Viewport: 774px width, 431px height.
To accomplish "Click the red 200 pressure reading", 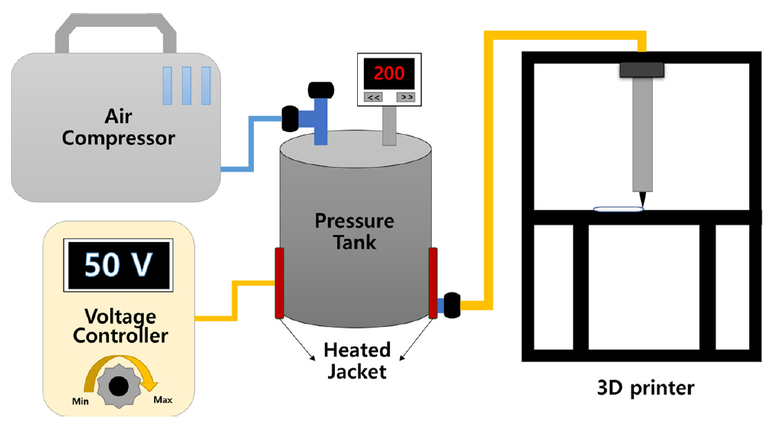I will tap(389, 73).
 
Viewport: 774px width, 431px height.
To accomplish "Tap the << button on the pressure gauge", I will tap(374, 97).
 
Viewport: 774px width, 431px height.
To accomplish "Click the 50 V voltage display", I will tap(116, 264).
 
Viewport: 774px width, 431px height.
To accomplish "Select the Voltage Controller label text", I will tap(120, 327).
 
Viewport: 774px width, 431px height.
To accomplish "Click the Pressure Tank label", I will tap(354, 231).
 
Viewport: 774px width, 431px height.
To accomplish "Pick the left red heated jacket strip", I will tap(279, 283).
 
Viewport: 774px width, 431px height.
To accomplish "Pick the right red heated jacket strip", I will tap(433, 283).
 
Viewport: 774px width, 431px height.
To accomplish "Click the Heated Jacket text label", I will tap(358, 360).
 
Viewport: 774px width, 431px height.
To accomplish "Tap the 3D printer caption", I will tap(645, 388).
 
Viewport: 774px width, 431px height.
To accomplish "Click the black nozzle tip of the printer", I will tap(643, 200).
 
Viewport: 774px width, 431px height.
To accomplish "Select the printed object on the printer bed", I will tap(618, 209).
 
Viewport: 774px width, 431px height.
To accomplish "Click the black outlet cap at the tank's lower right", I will tap(452, 305).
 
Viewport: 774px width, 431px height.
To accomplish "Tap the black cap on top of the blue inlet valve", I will tap(321, 91).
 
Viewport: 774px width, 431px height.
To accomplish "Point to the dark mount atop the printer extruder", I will tap(641, 69).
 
